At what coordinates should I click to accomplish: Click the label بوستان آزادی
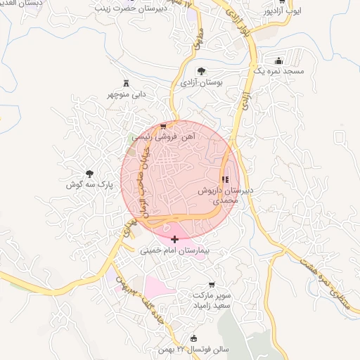click(201, 83)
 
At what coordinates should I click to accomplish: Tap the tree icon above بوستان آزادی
click(202, 70)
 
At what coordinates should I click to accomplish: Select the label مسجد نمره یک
click(279, 72)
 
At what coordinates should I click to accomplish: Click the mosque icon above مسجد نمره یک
click(280, 60)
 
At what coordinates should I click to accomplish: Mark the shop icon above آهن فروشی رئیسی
click(164, 127)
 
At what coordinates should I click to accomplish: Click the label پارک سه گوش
click(89, 185)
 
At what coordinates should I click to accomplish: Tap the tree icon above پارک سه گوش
click(89, 173)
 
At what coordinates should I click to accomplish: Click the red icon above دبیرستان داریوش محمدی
click(225, 179)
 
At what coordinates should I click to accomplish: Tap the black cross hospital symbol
click(174, 240)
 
